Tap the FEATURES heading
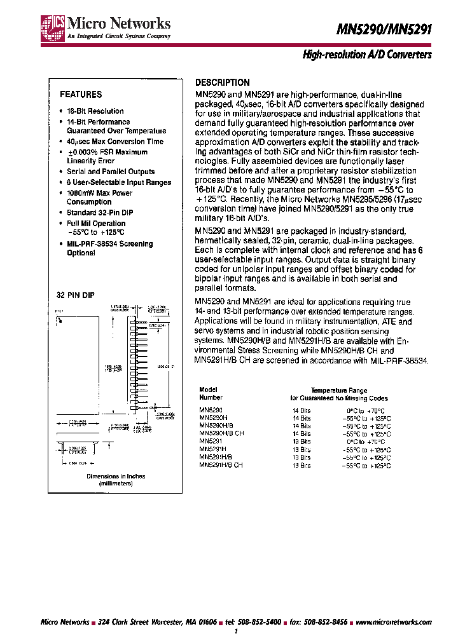(81, 95)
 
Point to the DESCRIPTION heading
(222, 83)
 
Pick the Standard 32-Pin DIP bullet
(100, 213)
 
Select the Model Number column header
(209, 394)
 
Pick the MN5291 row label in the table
(210, 441)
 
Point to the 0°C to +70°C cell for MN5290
(365, 411)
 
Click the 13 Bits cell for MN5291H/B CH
(302, 466)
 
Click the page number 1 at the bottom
(236, 633)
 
